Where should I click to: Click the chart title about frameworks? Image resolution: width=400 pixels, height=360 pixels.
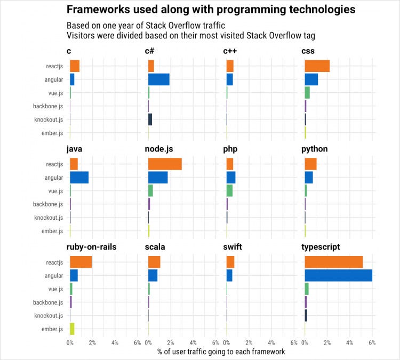pos(211,10)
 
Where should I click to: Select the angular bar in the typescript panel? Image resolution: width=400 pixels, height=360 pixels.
pos(338,275)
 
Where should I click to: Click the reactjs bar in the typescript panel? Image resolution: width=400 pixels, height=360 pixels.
pos(333,262)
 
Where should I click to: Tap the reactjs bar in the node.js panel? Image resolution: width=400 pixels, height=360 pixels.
pos(165,164)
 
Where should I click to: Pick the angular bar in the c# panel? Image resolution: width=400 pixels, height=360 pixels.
pos(158,79)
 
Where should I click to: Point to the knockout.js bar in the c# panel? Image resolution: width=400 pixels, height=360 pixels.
pos(150,119)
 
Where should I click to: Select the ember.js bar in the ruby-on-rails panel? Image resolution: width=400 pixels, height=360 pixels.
pos(72,329)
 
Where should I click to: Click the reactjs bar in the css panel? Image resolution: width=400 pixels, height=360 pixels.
pos(317,66)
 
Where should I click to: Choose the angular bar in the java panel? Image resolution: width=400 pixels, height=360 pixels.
pos(79,177)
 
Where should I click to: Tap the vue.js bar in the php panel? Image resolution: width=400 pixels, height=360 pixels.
pos(229,190)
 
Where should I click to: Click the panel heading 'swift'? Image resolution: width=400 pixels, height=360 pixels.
pos(234,247)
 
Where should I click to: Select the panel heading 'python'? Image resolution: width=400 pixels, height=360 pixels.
pos(314,149)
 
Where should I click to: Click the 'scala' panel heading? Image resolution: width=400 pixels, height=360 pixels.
pos(155,247)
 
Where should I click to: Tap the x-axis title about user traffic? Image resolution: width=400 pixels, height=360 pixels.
pos(221,352)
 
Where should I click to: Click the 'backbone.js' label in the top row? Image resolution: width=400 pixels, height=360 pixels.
pos(47,106)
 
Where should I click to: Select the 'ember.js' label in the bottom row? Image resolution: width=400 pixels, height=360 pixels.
pos(52,329)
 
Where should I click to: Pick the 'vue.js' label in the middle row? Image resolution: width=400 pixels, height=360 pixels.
pos(55,191)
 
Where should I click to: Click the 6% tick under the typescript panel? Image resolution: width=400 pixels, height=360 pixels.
pos(372,342)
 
